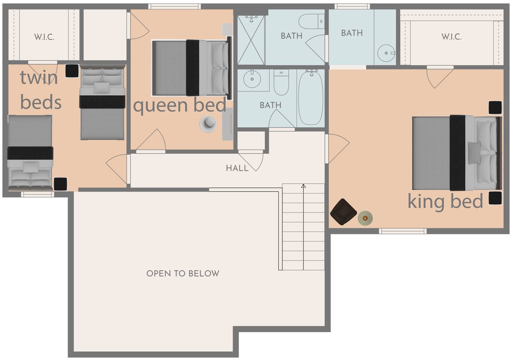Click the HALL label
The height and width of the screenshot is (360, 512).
(237, 168)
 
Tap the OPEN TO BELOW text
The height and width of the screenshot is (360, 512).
(183, 273)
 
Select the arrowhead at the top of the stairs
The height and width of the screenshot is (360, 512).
(303, 186)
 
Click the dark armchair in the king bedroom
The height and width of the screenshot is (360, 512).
(343, 212)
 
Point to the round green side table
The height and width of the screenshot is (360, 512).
(365, 218)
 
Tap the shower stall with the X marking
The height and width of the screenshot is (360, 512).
(251, 40)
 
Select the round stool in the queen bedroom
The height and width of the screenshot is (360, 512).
(208, 124)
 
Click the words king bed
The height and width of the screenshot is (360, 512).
(445, 202)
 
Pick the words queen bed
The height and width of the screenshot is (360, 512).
(180, 105)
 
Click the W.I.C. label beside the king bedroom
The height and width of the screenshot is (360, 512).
(452, 37)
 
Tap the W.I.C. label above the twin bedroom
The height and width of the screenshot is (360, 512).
(44, 37)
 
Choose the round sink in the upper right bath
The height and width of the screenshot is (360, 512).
(386, 53)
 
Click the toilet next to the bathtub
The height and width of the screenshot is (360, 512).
(281, 82)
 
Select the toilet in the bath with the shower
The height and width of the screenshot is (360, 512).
(312, 21)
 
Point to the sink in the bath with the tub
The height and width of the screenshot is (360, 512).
(252, 79)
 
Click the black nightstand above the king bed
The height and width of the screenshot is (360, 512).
(495, 107)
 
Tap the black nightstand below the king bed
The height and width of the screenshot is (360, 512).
(495, 198)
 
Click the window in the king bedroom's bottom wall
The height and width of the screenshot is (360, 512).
(403, 231)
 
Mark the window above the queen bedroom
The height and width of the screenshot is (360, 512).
(175, 6)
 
